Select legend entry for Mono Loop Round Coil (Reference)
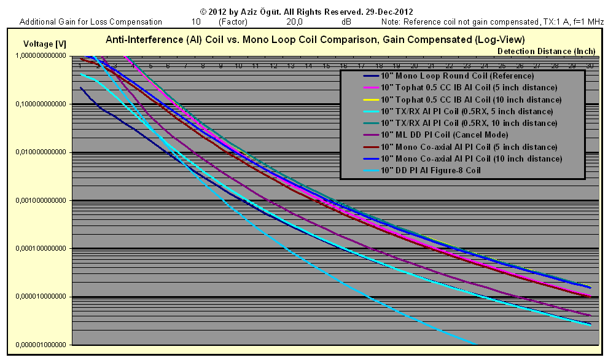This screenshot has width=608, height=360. tap(457, 76)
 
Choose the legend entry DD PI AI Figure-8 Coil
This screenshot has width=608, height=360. tap(431, 170)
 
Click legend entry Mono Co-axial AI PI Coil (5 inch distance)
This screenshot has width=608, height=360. tap(469, 147)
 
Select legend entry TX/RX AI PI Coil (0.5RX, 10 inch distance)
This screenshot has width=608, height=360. tap(469, 123)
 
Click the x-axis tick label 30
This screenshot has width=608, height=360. tap(590, 65)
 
